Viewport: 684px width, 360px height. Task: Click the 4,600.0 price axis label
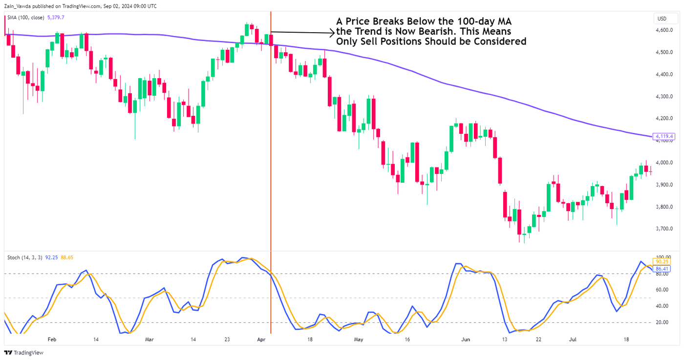point(665,30)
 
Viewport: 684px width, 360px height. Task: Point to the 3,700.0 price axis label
point(665,229)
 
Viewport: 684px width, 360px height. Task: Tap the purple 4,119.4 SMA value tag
point(665,136)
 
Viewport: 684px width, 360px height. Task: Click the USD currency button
point(662,19)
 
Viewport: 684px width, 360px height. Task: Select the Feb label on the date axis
point(52,339)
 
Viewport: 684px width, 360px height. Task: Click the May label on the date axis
point(359,339)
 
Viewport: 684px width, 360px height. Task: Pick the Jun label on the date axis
point(466,339)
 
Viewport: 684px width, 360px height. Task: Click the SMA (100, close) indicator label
point(25,18)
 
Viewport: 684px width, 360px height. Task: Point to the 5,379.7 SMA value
point(55,18)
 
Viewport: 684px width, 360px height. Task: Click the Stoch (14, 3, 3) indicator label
point(25,257)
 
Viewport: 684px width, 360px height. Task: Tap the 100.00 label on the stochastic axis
point(663,257)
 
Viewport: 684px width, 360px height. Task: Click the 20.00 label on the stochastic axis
point(662,322)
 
